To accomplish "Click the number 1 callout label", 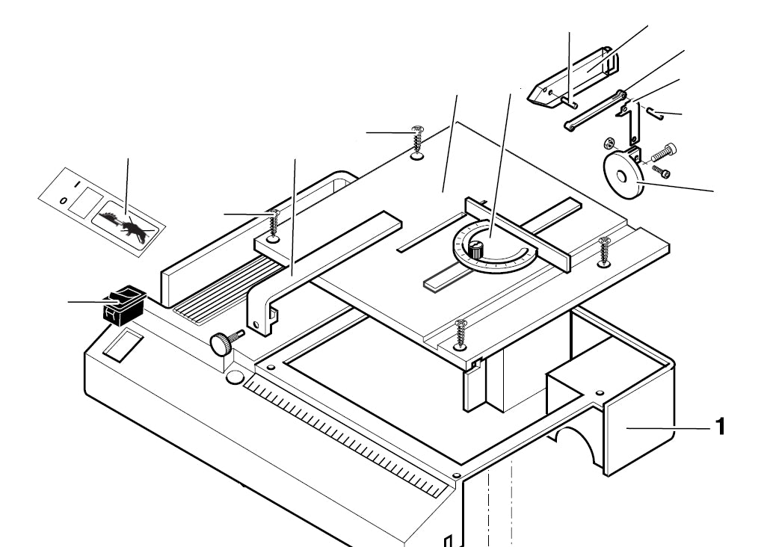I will coord(719,427).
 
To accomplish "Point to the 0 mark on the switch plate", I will coord(64,200).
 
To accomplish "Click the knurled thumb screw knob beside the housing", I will coord(222,344).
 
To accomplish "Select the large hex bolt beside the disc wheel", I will coord(663,155).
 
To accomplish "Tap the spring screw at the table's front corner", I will coord(461,333).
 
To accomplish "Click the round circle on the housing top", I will coord(235,378).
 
